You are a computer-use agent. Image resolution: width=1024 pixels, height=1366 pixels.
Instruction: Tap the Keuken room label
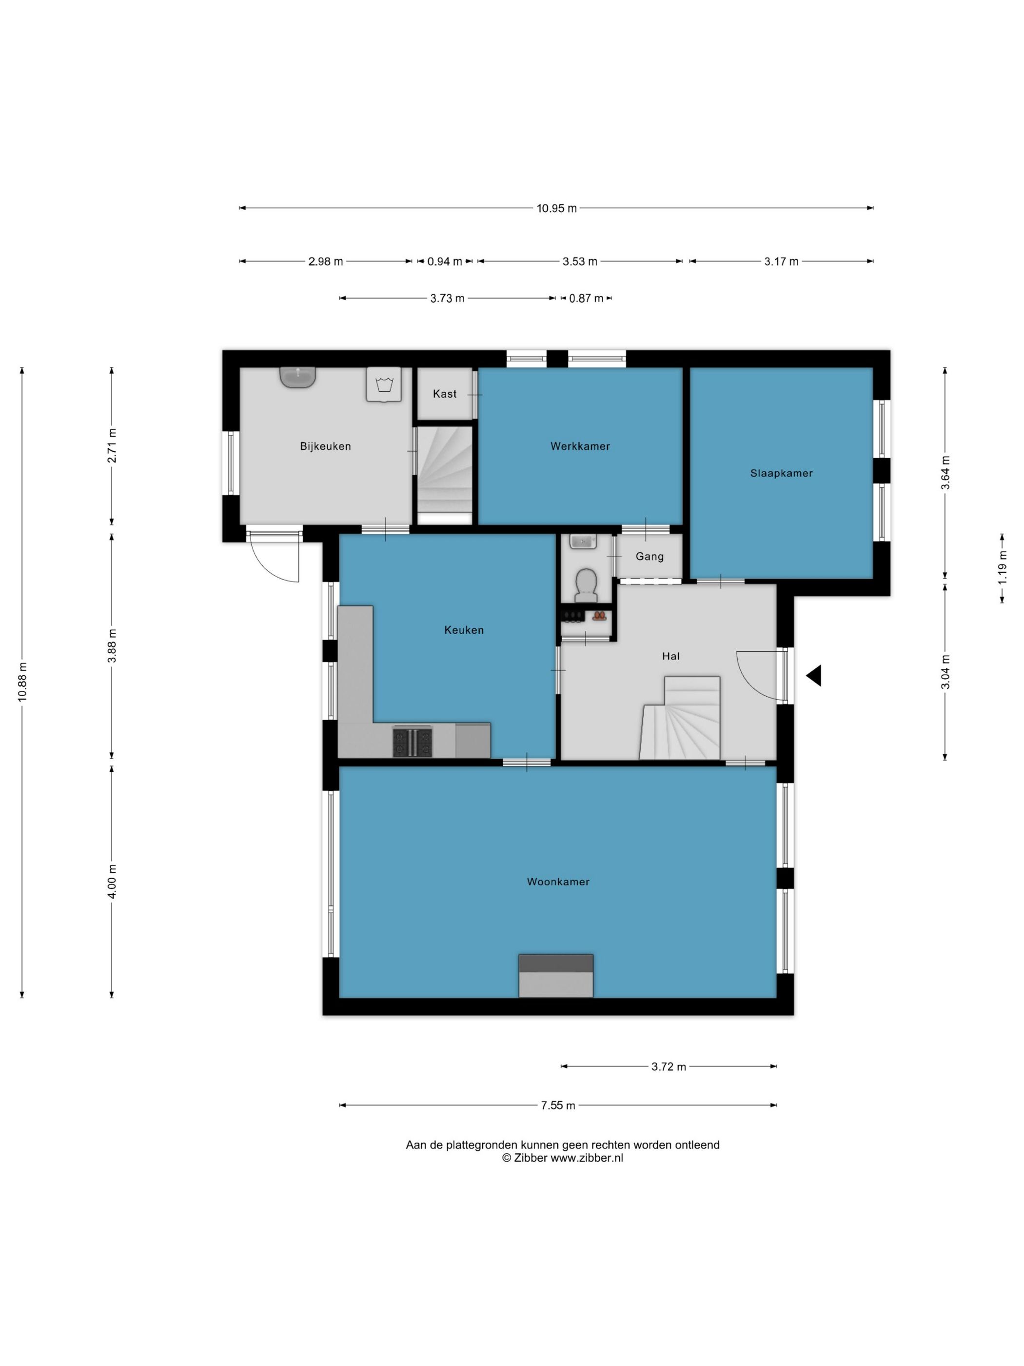tap(464, 630)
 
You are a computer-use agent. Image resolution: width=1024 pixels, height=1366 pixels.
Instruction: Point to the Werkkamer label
tap(580, 446)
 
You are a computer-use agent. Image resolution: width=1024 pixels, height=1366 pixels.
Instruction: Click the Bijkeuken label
tap(325, 446)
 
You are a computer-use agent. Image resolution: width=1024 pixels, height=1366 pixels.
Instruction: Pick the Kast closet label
tap(444, 393)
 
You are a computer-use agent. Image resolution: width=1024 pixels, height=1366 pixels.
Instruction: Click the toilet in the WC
tap(586, 584)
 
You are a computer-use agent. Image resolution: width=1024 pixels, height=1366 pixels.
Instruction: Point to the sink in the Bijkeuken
tap(297, 377)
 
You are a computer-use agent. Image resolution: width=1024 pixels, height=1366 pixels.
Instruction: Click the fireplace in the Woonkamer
tap(555, 976)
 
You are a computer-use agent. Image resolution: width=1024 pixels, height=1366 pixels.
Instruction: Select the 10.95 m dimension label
tap(557, 208)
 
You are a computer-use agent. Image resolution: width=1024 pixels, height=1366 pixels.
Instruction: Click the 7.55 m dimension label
tap(558, 1105)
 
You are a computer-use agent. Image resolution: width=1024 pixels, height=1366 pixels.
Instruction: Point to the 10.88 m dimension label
tap(22, 682)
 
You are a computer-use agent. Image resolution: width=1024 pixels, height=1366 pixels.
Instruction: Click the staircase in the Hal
tap(680, 718)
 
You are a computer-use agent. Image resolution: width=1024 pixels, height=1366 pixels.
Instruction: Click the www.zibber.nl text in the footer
tap(587, 1158)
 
